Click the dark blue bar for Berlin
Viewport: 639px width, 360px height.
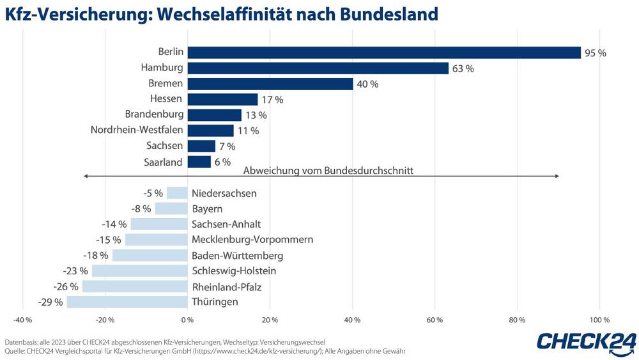(383, 52)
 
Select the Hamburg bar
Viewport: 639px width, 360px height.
(318, 68)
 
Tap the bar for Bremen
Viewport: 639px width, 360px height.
(270, 84)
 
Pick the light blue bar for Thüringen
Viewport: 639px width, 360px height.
(127, 302)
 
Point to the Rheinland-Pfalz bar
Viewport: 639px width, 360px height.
(135, 286)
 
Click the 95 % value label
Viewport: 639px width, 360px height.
(595, 53)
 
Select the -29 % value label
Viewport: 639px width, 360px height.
(51, 302)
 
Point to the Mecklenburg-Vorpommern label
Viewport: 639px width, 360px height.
(252, 240)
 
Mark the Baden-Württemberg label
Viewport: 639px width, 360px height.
(237, 256)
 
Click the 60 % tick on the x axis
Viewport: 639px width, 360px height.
(435, 320)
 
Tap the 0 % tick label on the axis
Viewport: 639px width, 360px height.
(187, 320)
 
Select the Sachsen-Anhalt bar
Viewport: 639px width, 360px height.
(159, 224)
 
